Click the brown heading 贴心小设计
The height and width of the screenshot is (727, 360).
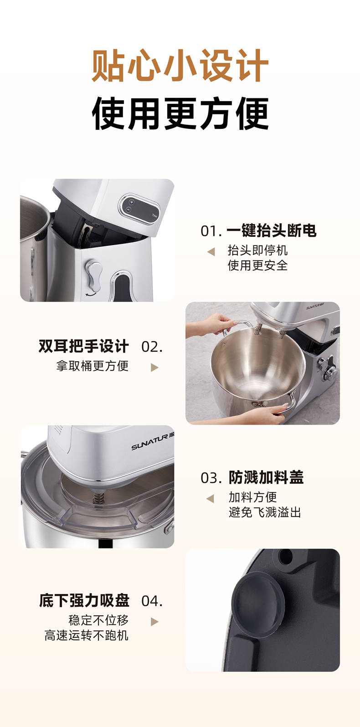click(180, 66)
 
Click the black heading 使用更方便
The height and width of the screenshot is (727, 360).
click(180, 113)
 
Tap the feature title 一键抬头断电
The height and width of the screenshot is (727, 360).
click(272, 231)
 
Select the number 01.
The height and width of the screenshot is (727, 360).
click(211, 231)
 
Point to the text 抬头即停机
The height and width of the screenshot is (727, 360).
click(257, 250)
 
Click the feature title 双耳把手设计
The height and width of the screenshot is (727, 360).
click(84, 346)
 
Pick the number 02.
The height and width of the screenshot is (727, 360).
click(152, 347)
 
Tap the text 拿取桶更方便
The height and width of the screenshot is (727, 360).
click(93, 366)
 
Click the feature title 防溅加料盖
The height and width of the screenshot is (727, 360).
click(266, 477)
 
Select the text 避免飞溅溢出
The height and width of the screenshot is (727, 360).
click(265, 512)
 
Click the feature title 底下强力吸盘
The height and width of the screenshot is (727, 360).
click(84, 600)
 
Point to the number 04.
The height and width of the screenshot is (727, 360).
click(152, 601)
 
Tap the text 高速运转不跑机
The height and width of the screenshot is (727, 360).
click(86, 635)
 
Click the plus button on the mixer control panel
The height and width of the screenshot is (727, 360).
click(132, 202)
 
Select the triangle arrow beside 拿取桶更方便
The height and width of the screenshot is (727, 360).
click(154, 368)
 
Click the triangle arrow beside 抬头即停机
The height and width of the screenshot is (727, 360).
click(211, 251)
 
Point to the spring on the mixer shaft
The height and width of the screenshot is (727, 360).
click(97, 498)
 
